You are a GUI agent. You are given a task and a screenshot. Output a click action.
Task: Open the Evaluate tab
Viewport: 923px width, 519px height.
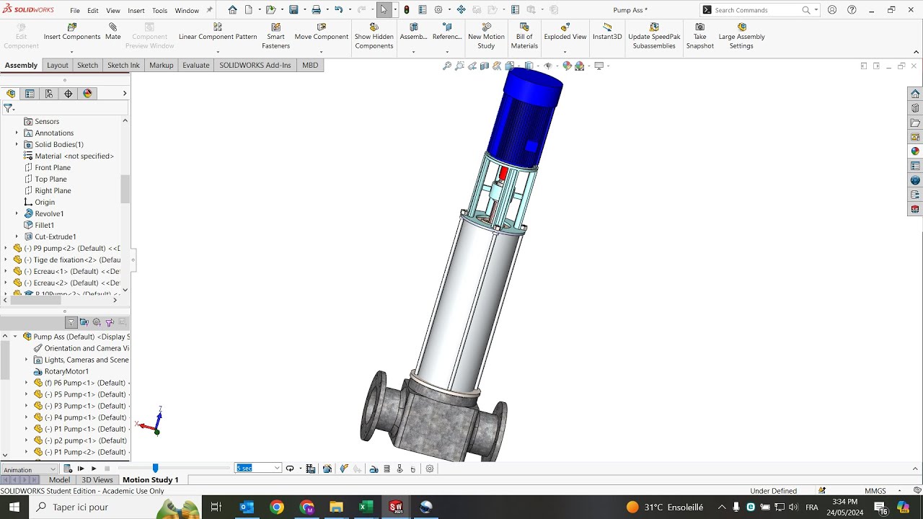[195, 65]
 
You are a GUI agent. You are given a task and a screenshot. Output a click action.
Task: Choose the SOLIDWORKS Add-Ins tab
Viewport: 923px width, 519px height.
[255, 65]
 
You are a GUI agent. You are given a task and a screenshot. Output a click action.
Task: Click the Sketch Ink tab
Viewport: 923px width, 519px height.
[123, 65]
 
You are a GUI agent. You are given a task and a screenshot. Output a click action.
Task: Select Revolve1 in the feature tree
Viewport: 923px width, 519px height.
[49, 213]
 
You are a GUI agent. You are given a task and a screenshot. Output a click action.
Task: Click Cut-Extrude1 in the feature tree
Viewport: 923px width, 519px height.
[55, 236]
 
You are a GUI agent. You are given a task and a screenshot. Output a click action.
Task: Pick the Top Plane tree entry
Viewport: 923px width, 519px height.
[50, 179]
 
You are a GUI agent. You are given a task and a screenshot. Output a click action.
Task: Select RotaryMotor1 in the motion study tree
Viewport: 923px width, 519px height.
[66, 371]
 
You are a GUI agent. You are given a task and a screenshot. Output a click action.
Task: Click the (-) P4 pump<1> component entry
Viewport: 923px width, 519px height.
[85, 417]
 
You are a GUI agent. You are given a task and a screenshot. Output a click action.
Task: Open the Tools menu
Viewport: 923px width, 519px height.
[159, 11]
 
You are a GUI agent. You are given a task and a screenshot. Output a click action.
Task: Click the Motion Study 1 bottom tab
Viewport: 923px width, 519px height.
[150, 480]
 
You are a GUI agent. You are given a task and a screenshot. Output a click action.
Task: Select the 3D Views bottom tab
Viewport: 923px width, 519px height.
[97, 480]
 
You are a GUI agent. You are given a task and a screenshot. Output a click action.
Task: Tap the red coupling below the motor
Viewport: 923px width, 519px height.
[503, 173]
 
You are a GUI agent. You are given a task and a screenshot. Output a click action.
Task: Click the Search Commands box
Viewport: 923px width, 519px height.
[757, 10]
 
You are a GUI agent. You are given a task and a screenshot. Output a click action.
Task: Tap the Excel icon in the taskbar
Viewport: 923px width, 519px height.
[366, 507]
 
